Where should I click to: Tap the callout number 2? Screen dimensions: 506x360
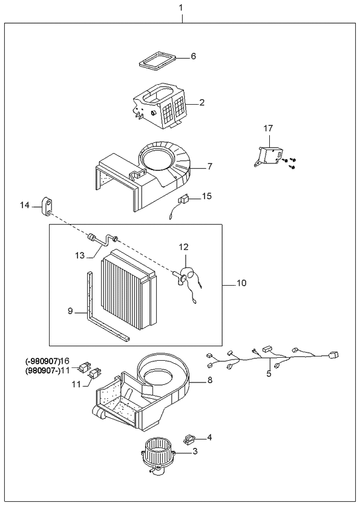click(x=202, y=103)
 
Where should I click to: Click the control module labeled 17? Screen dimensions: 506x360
click(x=270, y=155)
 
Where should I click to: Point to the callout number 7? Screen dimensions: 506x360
click(x=209, y=165)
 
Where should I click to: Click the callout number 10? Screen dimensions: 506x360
click(x=242, y=283)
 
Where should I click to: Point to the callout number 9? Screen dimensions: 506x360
click(x=70, y=312)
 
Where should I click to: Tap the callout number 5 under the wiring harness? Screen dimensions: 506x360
click(x=269, y=373)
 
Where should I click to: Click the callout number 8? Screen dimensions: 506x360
click(x=209, y=381)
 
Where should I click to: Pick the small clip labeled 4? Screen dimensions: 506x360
click(x=189, y=436)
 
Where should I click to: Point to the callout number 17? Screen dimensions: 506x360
click(x=269, y=128)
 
